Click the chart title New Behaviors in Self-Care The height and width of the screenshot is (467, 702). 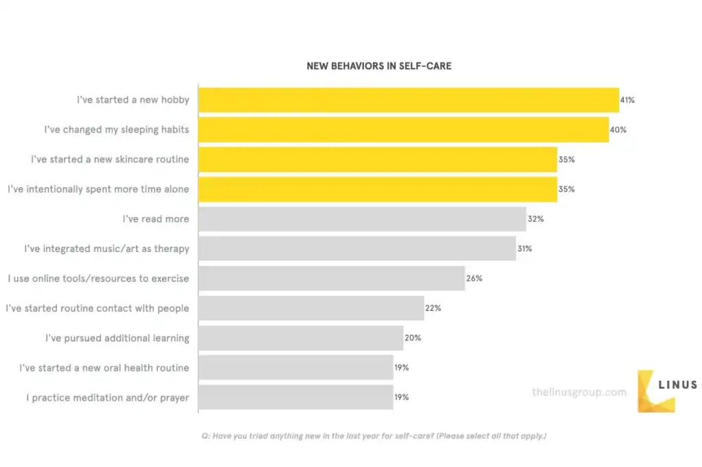(x=378, y=66)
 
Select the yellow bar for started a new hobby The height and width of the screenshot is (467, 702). (x=409, y=100)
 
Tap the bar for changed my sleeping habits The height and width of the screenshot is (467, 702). (x=403, y=129)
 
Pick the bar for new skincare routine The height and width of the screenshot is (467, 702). (x=377, y=160)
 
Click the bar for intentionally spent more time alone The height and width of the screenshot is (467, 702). (x=377, y=189)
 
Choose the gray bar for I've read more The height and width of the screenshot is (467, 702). (x=362, y=219)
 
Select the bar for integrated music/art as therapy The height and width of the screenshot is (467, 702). (x=356, y=249)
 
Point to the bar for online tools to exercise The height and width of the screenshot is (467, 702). (x=331, y=279)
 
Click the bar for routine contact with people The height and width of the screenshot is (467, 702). (x=311, y=308)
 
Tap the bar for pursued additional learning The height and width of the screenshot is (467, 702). (x=300, y=338)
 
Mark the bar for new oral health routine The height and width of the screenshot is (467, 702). (x=295, y=368)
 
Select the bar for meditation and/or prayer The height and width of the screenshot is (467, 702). (x=295, y=397)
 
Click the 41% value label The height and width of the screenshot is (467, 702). (x=627, y=100)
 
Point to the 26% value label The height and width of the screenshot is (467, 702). (x=474, y=279)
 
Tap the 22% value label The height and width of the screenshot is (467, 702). (x=433, y=308)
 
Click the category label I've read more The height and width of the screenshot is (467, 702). (x=156, y=219)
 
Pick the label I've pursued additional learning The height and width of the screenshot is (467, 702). (x=117, y=338)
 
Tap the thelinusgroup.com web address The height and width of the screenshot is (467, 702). (x=579, y=392)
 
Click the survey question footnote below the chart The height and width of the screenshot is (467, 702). (x=374, y=436)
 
